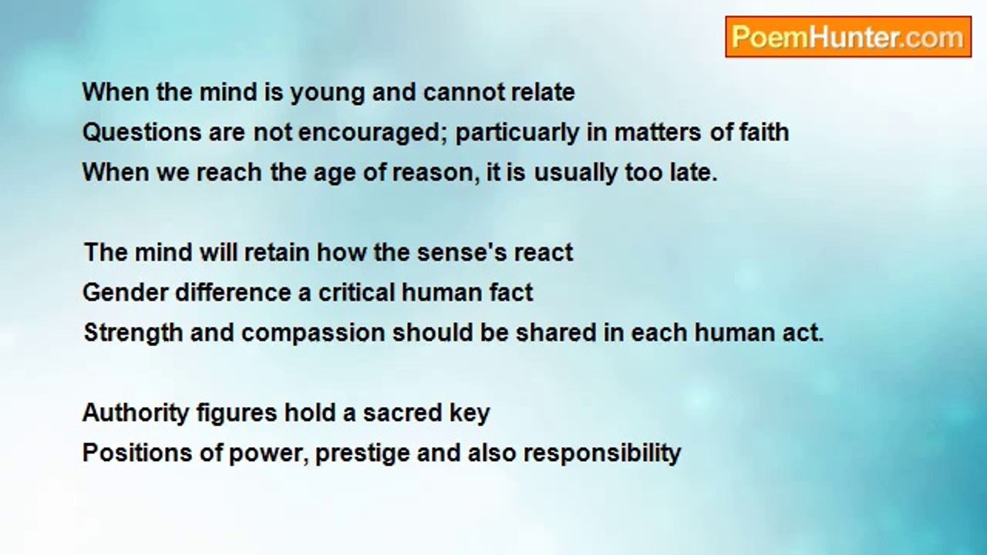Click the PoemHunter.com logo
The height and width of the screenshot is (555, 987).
pyautogui.click(x=848, y=37)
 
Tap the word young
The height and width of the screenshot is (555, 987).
pyautogui.click(x=328, y=94)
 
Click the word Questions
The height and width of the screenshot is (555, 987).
pyautogui.click(x=142, y=132)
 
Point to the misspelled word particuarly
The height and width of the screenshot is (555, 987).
pyautogui.click(x=517, y=134)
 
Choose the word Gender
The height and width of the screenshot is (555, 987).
pyautogui.click(x=126, y=292)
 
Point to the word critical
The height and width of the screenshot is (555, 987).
pyautogui.click(x=356, y=292)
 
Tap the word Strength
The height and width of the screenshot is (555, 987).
pyautogui.click(x=133, y=334)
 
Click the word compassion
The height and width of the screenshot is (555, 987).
pyautogui.click(x=313, y=334)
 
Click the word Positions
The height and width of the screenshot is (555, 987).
pyautogui.click(x=137, y=452)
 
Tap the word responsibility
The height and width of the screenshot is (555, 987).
pyautogui.click(x=602, y=454)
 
